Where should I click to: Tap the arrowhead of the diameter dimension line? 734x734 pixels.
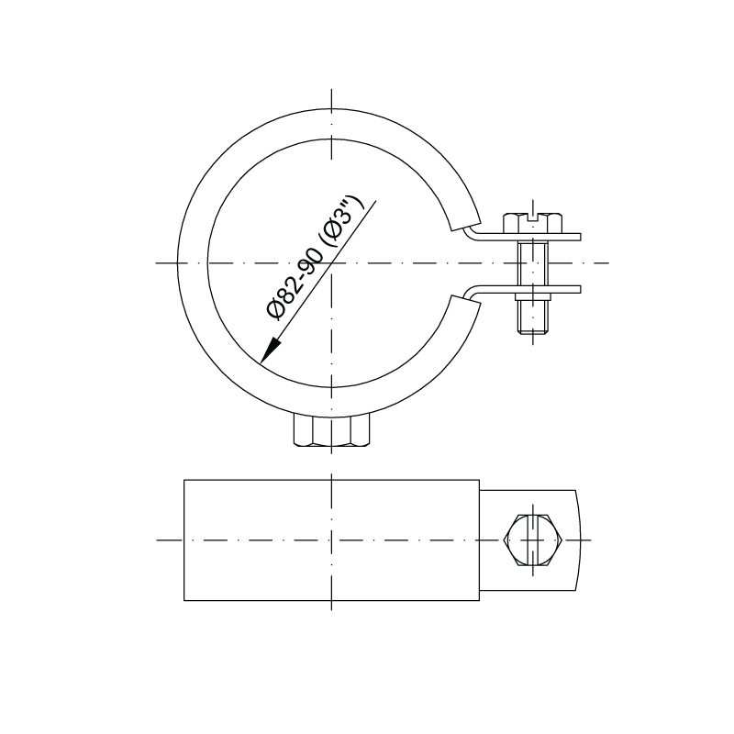(270, 351)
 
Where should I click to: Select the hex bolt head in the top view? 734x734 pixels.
(533, 223)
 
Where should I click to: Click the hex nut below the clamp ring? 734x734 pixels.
(331, 429)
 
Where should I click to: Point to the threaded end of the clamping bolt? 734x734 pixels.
(533, 316)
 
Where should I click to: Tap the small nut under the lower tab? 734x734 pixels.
(533, 296)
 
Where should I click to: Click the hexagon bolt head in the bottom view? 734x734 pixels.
(533, 540)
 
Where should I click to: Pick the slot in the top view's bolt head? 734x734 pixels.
(533, 217)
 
